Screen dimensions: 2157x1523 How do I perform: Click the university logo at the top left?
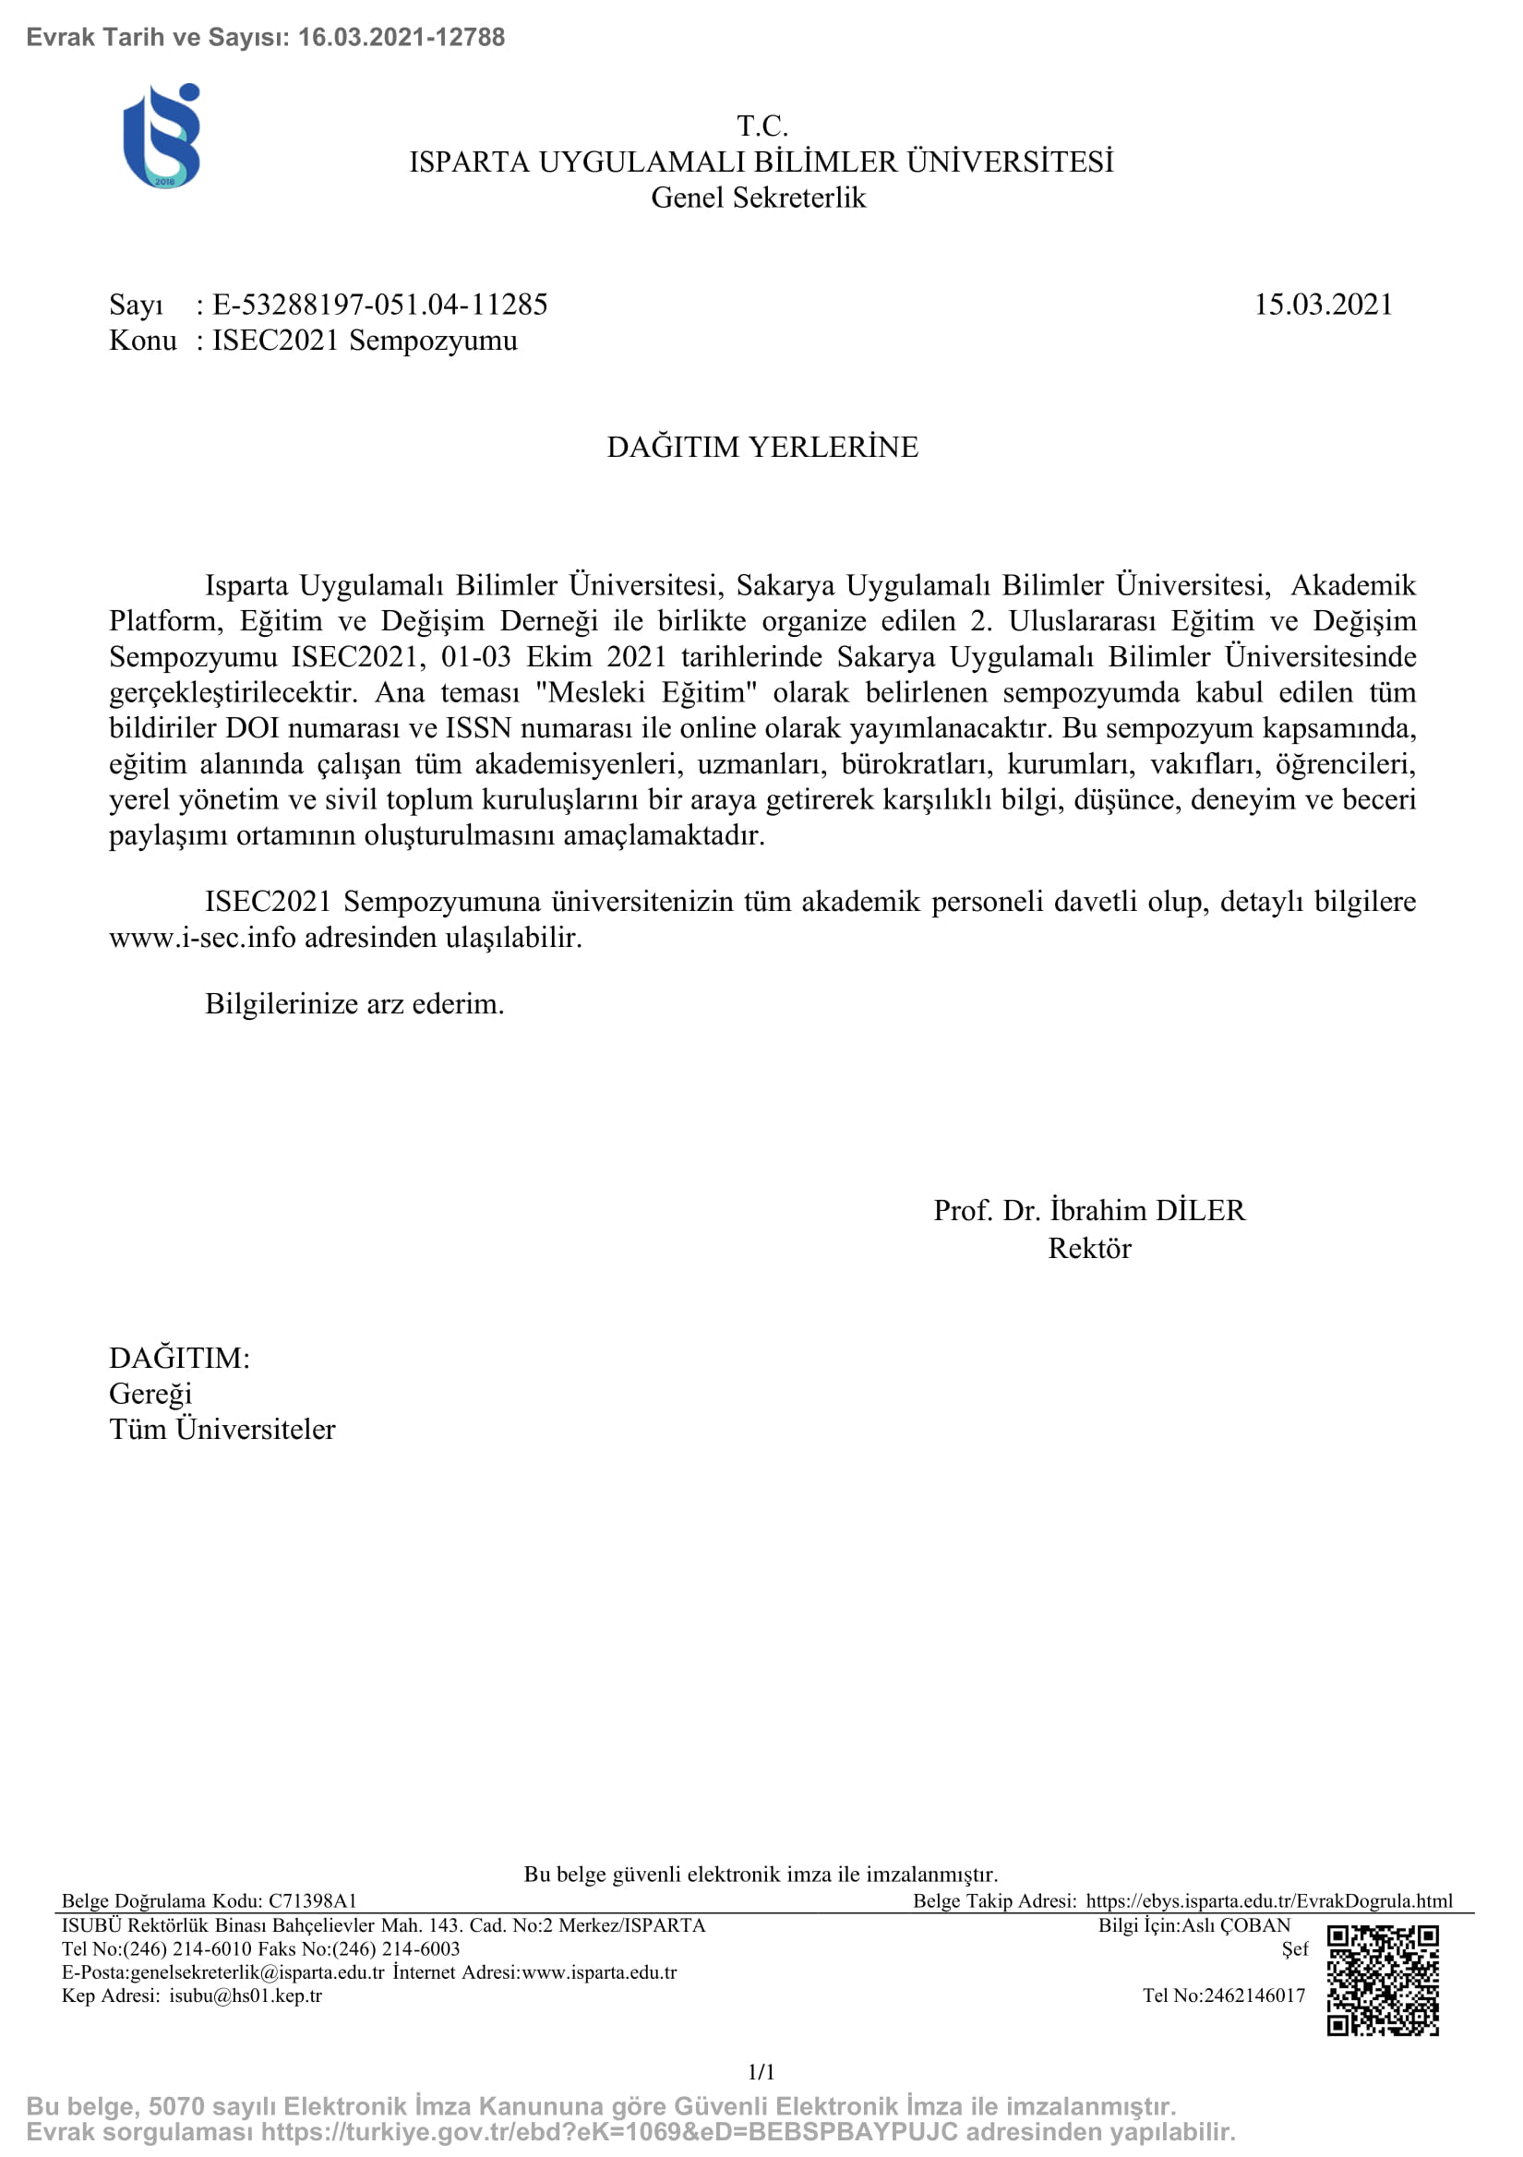point(162,137)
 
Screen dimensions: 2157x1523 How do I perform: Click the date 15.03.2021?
point(1323,306)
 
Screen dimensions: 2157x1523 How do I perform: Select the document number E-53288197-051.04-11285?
point(379,306)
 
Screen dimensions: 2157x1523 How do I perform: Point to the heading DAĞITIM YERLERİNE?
point(762,447)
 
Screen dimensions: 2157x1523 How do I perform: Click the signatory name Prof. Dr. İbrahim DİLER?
point(1089,1210)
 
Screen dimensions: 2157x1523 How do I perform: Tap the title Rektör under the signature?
point(1089,1249)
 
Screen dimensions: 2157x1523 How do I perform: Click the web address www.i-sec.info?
point(202,938)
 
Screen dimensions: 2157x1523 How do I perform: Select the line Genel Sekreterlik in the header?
point(758,198)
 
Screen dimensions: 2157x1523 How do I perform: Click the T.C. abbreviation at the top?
point(762,126)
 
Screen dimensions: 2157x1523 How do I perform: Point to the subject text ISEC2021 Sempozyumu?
point(365,341)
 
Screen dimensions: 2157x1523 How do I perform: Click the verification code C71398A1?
point(313,1901)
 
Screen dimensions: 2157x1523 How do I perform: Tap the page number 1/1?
point(761,2071)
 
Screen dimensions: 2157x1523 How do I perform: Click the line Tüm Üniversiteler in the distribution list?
point(222,1430)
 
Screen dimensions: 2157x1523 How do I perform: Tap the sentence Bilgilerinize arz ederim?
point(354,1004)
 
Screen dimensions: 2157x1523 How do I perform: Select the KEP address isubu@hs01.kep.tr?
point(246,1995)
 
